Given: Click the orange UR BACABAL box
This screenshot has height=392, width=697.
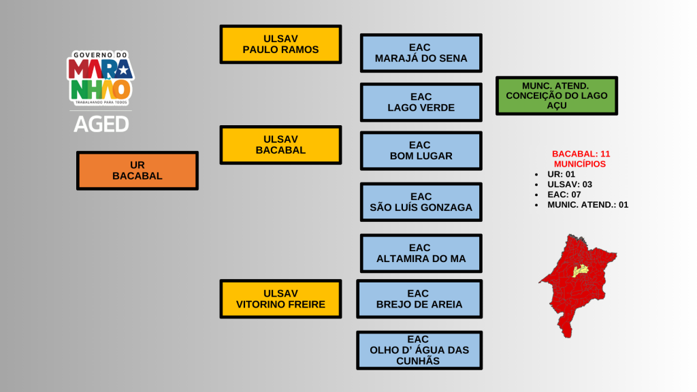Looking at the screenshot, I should coord(137,170).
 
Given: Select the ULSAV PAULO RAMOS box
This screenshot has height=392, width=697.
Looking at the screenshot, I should coord(280,44).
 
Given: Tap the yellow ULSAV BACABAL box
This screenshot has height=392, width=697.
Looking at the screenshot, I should coord(280,144).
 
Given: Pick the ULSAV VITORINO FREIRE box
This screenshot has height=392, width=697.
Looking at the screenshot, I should coord(280,299).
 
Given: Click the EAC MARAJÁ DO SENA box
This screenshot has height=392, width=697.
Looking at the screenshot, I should coord(421,53).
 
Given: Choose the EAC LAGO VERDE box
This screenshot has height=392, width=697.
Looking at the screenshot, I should coord(421,102).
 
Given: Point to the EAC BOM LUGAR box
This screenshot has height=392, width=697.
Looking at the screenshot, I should coord(421,150).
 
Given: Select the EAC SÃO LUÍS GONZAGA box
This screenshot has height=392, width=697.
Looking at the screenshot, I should coord(421,202).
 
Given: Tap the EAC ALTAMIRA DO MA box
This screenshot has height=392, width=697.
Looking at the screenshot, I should coord(421,253).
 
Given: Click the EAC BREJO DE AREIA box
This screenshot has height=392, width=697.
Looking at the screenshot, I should coord(419,299).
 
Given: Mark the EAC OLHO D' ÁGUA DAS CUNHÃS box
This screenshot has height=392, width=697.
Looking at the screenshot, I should coord(419,350).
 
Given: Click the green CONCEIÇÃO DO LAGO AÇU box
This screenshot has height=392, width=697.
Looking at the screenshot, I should coord(556,95).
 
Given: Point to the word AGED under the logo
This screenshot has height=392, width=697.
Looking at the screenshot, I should coord(101,124).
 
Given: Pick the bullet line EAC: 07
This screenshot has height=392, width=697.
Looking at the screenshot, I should coord(564,195).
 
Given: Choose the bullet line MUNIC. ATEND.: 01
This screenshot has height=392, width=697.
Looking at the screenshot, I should coord(587,204).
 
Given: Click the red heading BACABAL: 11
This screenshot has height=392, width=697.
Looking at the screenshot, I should coord(581,154).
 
